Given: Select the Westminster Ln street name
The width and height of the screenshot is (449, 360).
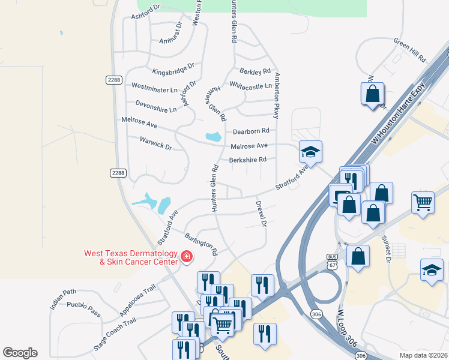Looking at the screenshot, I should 154,89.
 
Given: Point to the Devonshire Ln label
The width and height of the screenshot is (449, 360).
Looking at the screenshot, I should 156,106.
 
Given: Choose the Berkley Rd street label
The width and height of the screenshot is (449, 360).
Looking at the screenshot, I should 255,71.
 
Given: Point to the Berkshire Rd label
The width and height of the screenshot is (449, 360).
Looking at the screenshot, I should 247,160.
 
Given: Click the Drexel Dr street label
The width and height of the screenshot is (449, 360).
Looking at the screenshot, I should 261,214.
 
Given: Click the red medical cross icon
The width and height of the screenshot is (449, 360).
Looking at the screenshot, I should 186,257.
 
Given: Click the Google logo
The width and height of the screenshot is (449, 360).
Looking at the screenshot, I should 20,353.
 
